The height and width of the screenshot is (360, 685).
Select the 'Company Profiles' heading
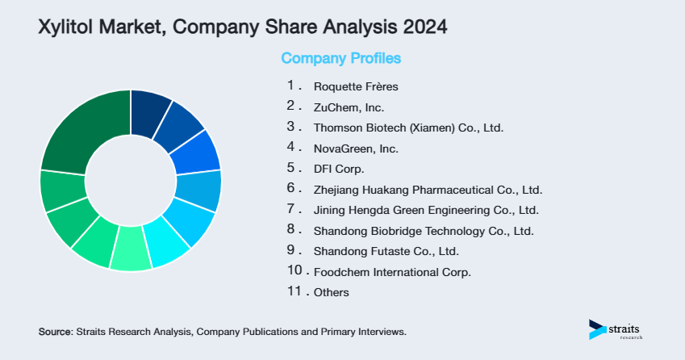pyautogui.click(x=340, y=58)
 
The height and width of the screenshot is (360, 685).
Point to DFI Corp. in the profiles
pyautogui.click(x=339, y=170)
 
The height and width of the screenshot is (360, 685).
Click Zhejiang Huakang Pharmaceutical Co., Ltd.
pyautogui.click(x=428, y=190)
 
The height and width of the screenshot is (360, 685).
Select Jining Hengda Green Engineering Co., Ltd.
pyautogui.click(x=425, y=211)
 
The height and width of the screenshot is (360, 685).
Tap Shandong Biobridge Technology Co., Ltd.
pyautogui.click(x=424, y=232)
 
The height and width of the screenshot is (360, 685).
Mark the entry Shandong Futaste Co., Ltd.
pyautogui.click(x=386, y=251)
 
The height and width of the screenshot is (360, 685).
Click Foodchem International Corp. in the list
pyautogui.click(x=392, y=272)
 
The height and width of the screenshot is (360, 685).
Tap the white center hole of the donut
pyautogui.click(x=130, y=180)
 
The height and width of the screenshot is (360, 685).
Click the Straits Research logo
pyautogui.click(x=618, y=330)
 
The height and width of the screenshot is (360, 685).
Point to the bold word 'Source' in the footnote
pyautogui.click(x=55, y=332)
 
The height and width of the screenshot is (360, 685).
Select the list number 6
pyautogui.click(x=292, y=189)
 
